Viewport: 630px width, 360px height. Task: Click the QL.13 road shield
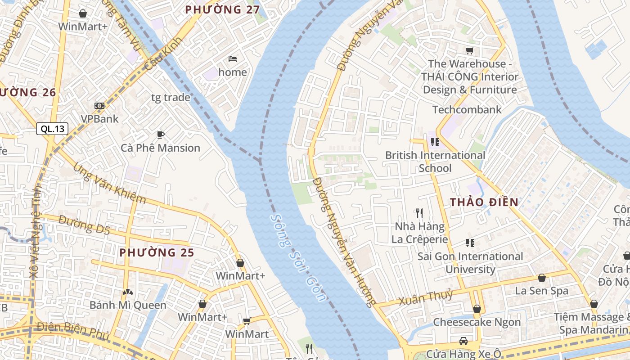pos(52,129)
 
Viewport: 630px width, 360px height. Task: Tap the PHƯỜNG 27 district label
pos(220,9)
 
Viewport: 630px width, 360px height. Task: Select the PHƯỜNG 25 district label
pos(157,253)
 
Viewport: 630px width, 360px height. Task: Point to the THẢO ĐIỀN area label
pos(484,202)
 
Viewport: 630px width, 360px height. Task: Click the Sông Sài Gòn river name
pos(297,257)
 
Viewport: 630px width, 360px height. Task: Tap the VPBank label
pos(99,119)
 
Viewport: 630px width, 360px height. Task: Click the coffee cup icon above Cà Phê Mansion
pos(160,135)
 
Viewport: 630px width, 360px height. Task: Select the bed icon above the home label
pos(233,59)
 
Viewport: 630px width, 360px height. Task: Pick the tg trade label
pos(171,97)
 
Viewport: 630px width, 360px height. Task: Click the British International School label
pos(435,162)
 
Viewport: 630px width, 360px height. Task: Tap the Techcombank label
pos(467,109)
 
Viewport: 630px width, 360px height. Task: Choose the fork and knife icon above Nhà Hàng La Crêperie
pos(419,213)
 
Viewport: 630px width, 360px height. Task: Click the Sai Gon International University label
pos(470,263)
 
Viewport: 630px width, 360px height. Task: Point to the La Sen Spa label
pos(541,291)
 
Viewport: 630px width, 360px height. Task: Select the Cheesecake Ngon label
pos(477,322)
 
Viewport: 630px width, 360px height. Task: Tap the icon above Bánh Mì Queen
pos(128,292)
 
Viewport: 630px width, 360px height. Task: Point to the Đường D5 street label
pos(84,225)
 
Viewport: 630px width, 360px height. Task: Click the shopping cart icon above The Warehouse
pos(469,51)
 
